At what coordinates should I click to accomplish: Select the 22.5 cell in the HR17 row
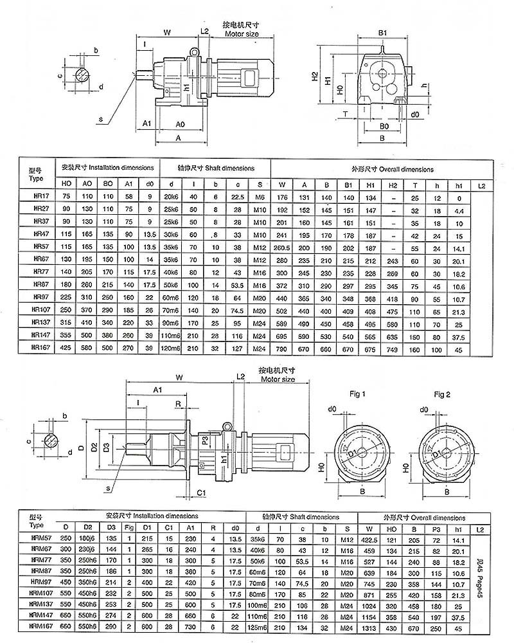[x=238, y=197]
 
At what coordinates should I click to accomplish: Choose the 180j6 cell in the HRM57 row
[x=88, y=538]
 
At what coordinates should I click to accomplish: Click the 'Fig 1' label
[x=358, y=393]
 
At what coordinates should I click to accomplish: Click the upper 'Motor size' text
[x=242, y=32]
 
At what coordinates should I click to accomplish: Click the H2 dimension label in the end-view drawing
[x=315, y=76]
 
